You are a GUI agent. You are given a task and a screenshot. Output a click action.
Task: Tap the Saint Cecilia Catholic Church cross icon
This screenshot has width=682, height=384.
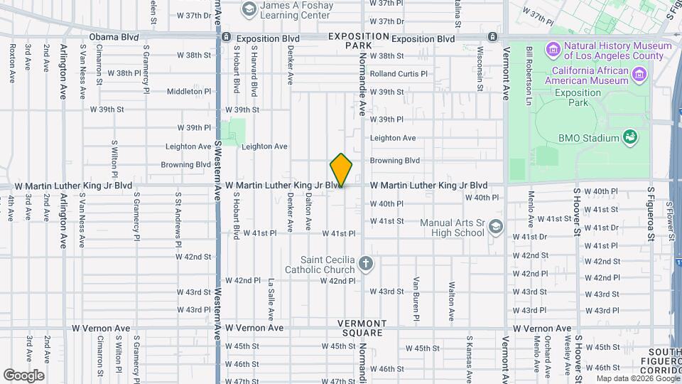365,265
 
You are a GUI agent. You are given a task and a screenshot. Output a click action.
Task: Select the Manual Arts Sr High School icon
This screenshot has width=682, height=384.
495,228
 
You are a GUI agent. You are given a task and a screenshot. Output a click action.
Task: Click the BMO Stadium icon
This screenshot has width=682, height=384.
629,137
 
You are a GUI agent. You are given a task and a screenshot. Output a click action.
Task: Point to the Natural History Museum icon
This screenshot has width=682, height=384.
553,50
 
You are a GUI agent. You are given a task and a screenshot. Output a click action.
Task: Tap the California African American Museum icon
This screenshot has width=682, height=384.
639,75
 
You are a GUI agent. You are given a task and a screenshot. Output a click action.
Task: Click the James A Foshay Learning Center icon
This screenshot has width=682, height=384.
249,9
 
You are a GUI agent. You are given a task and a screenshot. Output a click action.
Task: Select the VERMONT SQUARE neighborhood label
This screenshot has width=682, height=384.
362,328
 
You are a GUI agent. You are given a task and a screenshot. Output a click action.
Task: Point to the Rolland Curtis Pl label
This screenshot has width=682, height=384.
399,73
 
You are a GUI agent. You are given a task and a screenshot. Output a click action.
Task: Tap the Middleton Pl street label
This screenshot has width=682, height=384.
189,91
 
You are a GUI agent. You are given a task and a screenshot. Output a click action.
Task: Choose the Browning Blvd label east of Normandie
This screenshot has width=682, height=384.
395,161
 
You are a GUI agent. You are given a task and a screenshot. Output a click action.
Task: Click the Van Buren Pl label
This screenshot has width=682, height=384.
416,295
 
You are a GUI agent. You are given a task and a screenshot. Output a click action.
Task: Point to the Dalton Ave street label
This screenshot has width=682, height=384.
308,213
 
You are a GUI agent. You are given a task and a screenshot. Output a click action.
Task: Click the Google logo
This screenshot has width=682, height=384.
24,375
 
